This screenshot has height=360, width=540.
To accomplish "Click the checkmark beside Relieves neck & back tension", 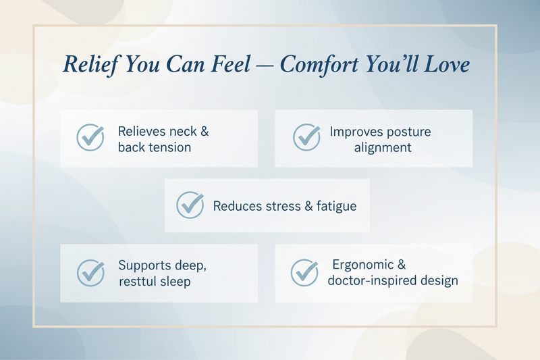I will tap(90, 138).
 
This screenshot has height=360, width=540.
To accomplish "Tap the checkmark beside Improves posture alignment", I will tap(306, 138).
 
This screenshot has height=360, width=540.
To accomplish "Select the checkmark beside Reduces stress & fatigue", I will tap(190, 205).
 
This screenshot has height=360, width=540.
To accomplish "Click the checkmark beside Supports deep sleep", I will tap(90, 272).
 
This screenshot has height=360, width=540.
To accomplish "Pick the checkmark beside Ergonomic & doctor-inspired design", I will tap(304, 272).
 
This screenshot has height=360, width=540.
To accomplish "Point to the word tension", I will tap(169, 147).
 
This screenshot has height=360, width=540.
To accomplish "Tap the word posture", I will tap(408, 131).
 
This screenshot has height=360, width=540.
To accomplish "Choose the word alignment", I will tap(383, 147).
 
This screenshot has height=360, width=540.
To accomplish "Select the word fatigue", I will tap(333, 205).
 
